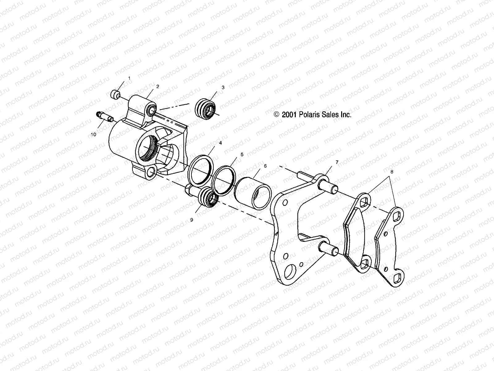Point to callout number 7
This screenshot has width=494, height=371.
coord(337,162)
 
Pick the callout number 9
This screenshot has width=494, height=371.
coord(192,220)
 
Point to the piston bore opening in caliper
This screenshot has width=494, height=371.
coord(149,148)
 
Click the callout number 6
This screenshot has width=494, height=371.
coord(265,166)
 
